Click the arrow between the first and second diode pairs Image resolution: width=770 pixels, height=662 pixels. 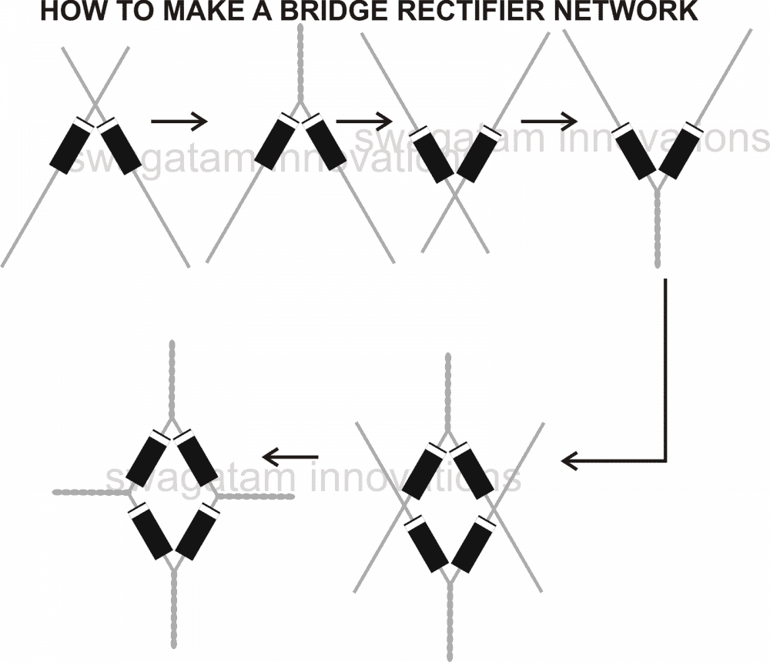pos(179,121)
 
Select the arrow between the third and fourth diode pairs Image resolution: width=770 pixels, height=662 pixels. pos(549,121)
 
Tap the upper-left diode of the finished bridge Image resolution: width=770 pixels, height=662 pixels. pos(149,459)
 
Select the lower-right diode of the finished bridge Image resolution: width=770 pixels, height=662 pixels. pos(196,533)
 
